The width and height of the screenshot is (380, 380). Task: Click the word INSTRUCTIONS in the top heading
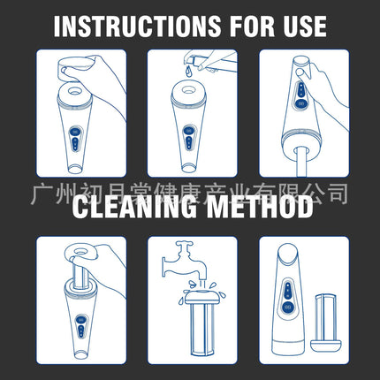tap(137, 27)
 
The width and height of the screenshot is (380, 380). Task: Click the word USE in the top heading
tap(305, 27)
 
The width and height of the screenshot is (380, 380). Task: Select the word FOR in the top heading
tap(252, 27)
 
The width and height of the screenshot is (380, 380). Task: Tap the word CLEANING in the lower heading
tap(134, 207)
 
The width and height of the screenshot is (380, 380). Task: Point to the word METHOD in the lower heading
tap(260, 207)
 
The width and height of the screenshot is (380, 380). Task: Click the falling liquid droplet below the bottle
tap(188, 72)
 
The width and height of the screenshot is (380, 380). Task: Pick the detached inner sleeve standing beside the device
tap(326, 323)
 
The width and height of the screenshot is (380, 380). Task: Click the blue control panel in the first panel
tap(76, 140)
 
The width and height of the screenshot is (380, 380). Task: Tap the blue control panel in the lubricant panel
tap(188, 138)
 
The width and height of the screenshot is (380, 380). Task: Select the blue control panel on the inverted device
tap(300, 95)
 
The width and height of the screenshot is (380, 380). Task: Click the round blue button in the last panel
tap(288, 308)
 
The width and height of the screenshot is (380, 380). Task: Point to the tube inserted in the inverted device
tap(301, 161)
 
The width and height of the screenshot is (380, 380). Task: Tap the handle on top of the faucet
tap(184, 244)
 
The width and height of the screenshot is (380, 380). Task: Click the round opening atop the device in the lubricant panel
tap(188, 89)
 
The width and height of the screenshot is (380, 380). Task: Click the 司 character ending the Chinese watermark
tap(338, 194)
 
